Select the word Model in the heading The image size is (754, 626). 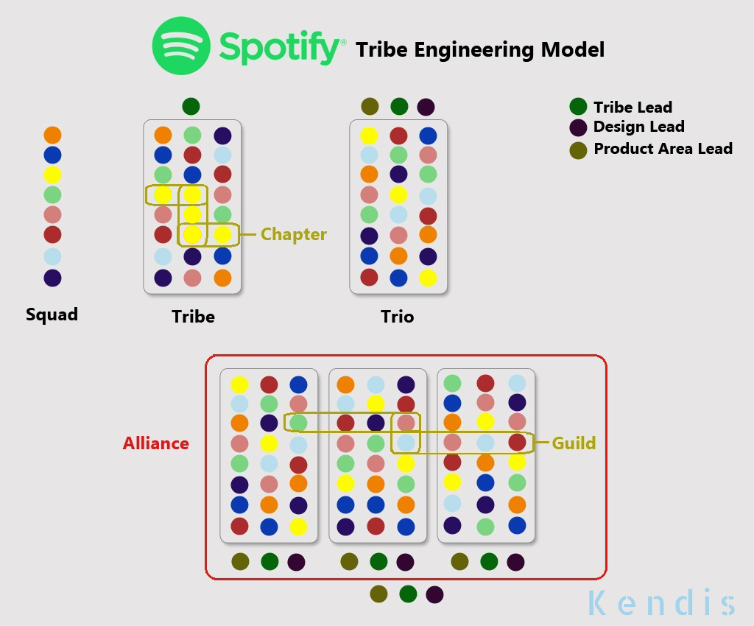572,50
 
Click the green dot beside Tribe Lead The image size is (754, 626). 579,107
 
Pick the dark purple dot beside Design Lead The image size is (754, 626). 579,127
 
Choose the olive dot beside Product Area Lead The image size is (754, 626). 579,150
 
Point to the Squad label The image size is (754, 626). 52,315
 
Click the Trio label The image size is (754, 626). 398,317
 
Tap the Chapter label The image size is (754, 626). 293,235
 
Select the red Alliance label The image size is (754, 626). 156,443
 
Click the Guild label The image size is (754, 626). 574,443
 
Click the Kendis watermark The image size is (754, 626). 661,602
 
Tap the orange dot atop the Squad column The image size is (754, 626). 52,135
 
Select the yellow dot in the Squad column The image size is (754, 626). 52,175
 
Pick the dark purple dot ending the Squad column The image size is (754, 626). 52,278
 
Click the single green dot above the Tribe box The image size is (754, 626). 191,106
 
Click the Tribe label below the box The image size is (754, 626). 193,317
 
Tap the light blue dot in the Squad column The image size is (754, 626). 52,257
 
